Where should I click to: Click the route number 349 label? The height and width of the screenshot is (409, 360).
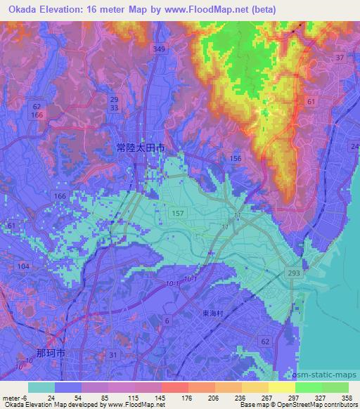pos(160,49)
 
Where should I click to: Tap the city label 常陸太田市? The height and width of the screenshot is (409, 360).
pos(141,148)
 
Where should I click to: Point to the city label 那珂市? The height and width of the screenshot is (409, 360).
pos(50,353)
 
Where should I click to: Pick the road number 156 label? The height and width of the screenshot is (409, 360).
pos(236,159)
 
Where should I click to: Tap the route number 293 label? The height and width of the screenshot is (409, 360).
pos(290,272)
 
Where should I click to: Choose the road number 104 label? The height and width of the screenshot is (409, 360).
pos(23,266)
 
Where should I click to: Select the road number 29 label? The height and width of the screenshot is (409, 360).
pos(114,100)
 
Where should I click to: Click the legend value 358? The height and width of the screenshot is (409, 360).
pos(347,397)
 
